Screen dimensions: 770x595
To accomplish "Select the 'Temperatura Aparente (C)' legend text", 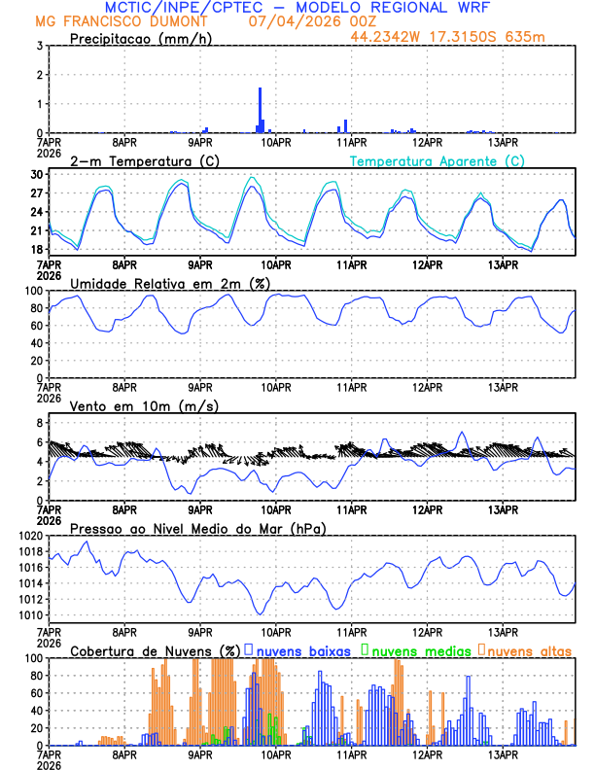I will [x=437, y=160].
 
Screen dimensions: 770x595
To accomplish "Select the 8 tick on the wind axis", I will [x=40, y=423].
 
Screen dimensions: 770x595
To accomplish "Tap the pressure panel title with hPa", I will [x=197, y=528].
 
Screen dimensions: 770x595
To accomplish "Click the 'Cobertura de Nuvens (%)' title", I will [x=155, y=649].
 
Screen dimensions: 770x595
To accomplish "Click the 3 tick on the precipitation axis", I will [x=40, y=46].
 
